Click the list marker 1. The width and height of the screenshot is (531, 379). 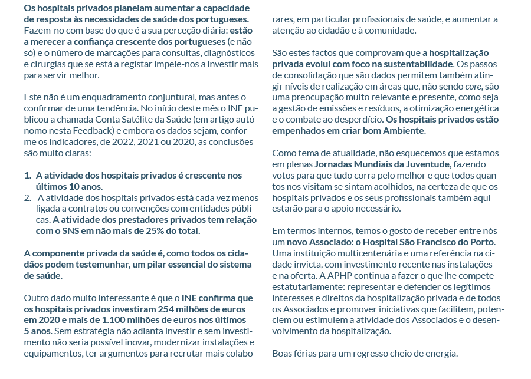click(x=28, y=176)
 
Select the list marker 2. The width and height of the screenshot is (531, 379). click(x=28, y=197)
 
